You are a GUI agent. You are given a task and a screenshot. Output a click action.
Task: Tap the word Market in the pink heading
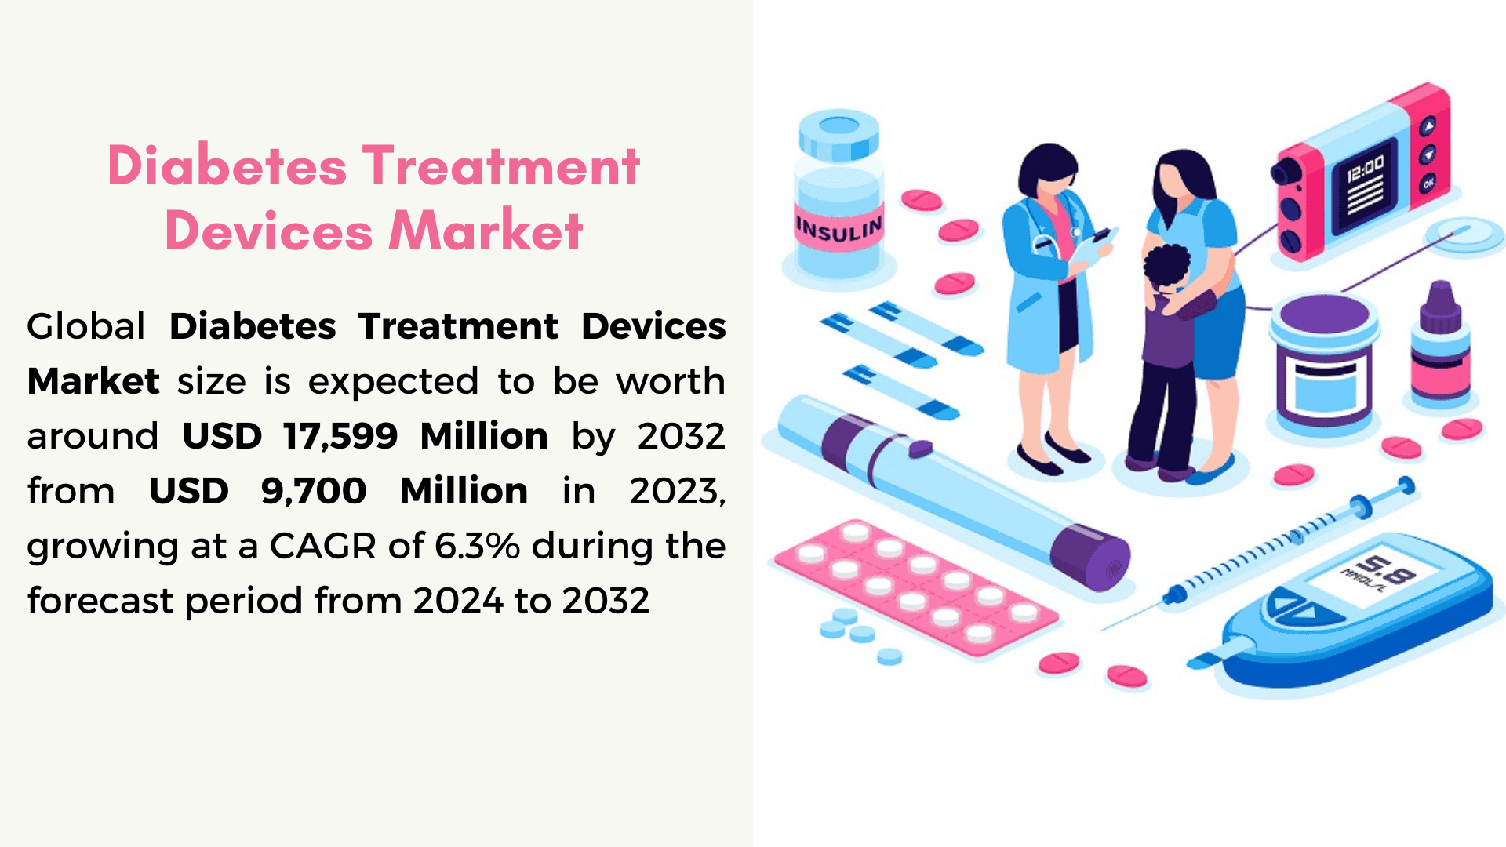pyautogui.click(x=486, y=231)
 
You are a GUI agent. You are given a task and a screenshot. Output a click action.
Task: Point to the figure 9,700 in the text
pyautogui.click(x=314, y=492)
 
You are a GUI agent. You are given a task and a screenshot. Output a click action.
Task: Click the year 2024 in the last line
pyautogui.click(x=458, y=602)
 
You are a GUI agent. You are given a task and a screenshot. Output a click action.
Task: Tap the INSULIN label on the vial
pyautogui.click(x=838, y=228)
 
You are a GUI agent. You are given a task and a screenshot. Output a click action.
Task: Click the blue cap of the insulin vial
pyautogui.click(x=838, y=134)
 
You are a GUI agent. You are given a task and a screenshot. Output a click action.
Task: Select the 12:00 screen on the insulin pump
pyautogui.click(x=1366, y=185)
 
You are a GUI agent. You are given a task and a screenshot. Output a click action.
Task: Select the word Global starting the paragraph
pyautogui.click(x=86, y=326)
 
